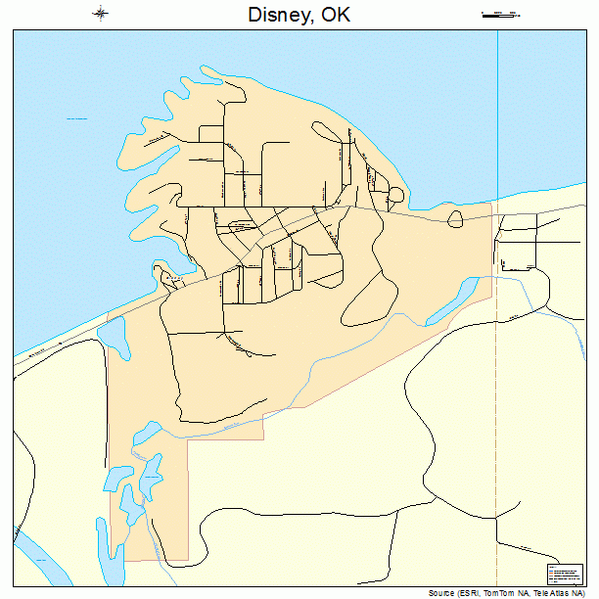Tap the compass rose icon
(102, 14)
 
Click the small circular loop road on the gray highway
(455, 219)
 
